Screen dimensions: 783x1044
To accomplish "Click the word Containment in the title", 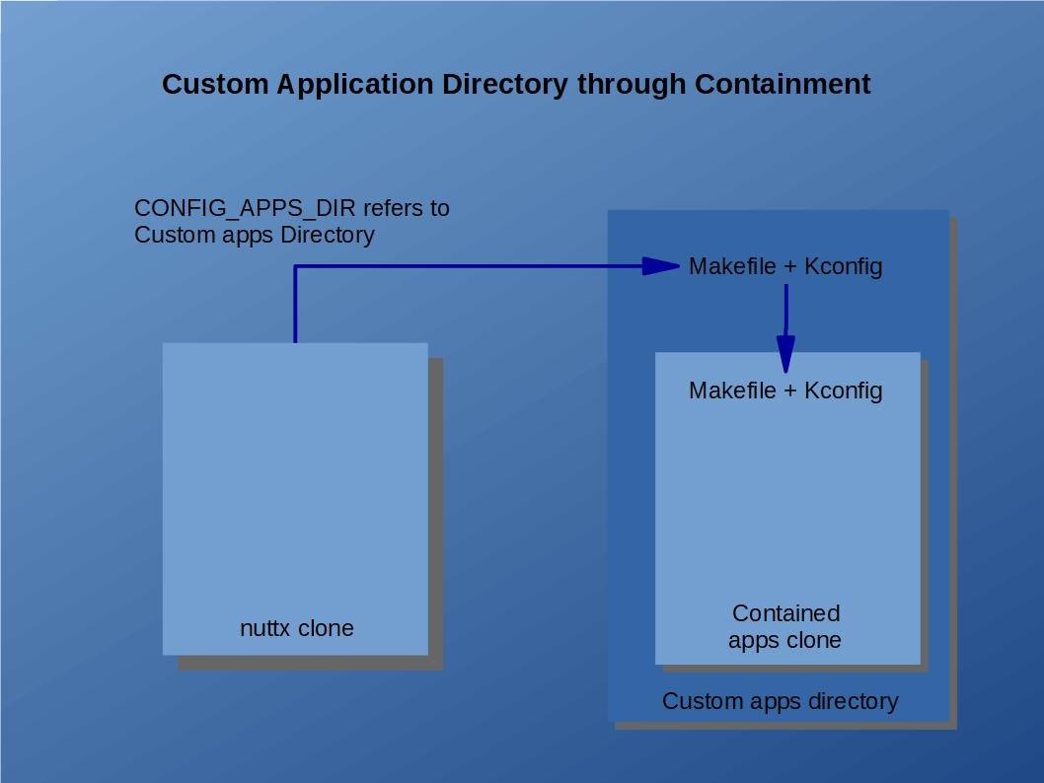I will click(x=782, y=85).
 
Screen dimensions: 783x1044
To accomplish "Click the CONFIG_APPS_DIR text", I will click(x=246, y=209).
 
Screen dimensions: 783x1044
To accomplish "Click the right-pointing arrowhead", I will click(x=660, y=266).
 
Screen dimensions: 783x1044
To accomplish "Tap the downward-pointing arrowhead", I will click(x=785, y=353).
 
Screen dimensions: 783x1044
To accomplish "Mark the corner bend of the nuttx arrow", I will click(x=295, y=266).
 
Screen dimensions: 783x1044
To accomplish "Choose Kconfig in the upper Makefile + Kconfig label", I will click(x=844, y=266).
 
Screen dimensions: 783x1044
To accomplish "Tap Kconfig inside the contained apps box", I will click(x=844, y=391).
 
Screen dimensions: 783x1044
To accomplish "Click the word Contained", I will click(x=785, y=613).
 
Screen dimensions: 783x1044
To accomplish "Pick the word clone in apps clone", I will click(x=812, y=640).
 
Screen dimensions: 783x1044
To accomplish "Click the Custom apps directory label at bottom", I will click(x=780, y=701).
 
